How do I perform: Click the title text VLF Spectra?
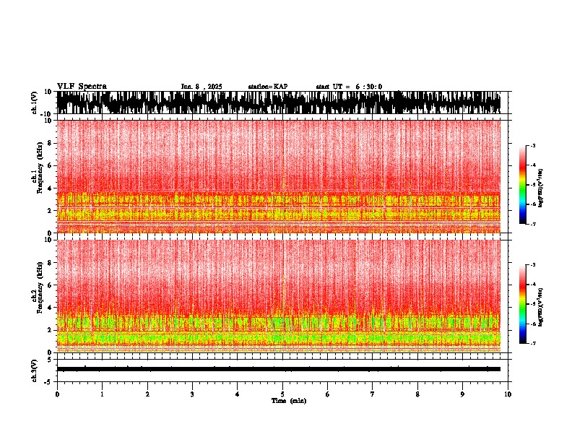tap(82, 87)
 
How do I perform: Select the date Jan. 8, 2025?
tap(201, 87)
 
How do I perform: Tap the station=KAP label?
tap(267, 87)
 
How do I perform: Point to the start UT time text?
tap(349, 87)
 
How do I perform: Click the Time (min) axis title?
tap(288, 400)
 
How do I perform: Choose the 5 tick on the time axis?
tap(282, 394)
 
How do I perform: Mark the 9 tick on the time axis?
tap(463, 394)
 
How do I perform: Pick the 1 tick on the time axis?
tap(102, 394)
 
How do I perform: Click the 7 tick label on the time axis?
tap(373, 394)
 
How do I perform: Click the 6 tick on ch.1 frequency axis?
tap(49, 165)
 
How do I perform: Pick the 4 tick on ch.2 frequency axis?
tap(49, 307)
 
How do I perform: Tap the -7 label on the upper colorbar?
tap(533, 225)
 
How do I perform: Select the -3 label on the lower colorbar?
tap(533, 266)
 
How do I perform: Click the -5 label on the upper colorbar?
tap(533, 186)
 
